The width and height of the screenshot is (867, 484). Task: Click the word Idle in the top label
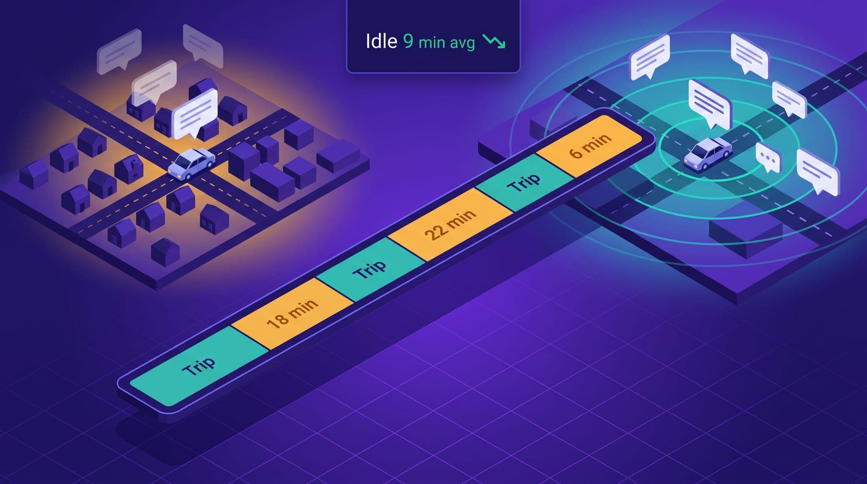coord(381,41)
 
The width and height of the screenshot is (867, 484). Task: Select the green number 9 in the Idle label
coord(408,41)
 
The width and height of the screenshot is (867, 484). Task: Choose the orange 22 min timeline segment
coord(450,224)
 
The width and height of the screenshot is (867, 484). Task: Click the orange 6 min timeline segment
coord(590,146)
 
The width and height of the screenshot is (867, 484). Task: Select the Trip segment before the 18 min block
coord(199,366)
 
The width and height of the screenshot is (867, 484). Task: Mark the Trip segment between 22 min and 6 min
coord(524,182)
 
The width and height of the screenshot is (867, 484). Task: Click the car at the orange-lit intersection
coord(191,163)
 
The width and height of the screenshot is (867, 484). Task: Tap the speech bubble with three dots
coord(768,157)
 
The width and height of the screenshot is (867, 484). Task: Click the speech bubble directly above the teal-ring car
coord(709,104)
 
